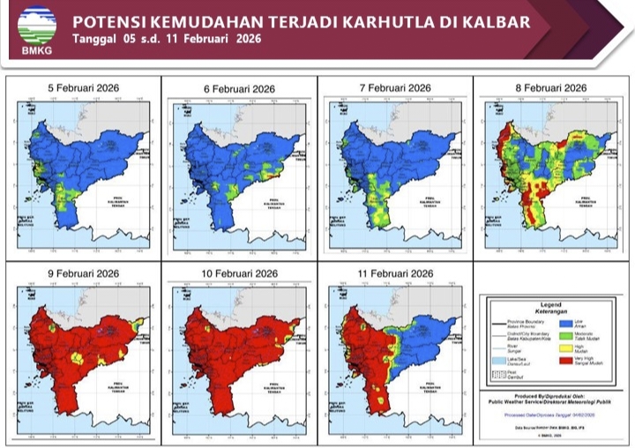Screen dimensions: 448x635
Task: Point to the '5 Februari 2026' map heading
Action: (x=83, y=88)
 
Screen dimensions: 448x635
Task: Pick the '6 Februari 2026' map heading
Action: (x=240, y=89)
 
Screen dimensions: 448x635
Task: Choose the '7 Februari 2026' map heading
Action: (x=395, y=88)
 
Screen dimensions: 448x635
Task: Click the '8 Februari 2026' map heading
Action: (x=551, y=88)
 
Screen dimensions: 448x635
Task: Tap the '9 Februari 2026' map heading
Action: (x=83, y=274)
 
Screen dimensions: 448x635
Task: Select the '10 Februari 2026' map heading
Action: (x=240, y=274)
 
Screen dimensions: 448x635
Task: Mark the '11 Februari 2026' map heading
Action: (x=395, y=274)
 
